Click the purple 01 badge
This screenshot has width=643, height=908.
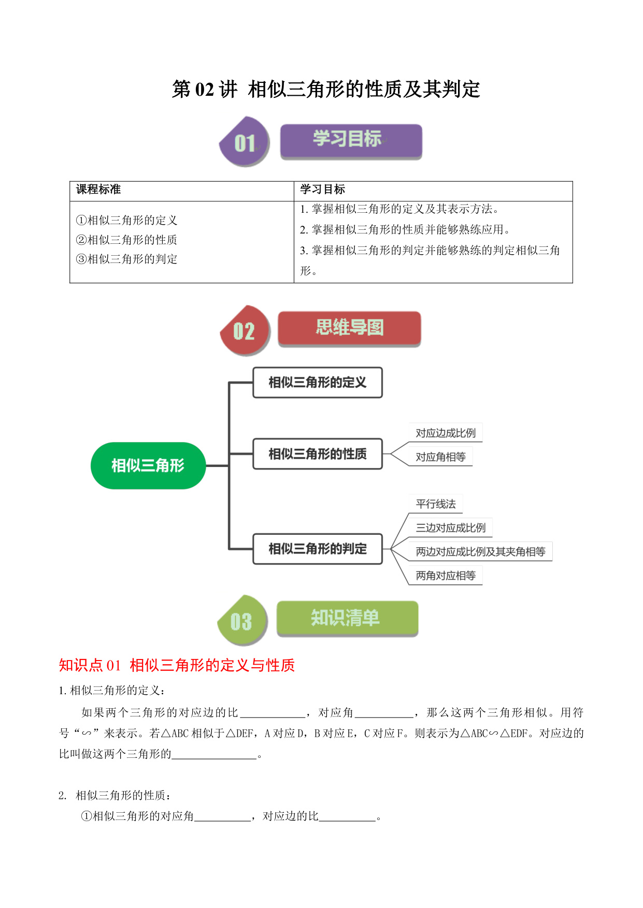tap(245, 142)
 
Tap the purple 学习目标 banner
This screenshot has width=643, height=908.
tap(351, 141)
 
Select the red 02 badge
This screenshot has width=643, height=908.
tap(245, 330)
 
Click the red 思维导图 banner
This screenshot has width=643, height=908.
tap(349, 328)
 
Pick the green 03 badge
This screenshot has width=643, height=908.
tap(242, 620)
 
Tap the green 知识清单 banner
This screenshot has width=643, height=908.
tap(347, 618)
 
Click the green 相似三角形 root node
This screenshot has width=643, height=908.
tap(148, 465)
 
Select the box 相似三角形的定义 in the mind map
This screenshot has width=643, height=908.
tap(318, 383)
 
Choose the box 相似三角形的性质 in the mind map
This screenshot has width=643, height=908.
tap(318, 454)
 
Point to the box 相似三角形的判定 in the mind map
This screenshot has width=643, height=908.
tap(318, 549)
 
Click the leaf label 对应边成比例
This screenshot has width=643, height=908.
tap(446, 433)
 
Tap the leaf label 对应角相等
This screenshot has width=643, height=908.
tap(440, 457)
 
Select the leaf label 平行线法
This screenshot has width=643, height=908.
tap(436, 504)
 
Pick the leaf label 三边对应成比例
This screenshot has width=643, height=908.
tap(451, 528)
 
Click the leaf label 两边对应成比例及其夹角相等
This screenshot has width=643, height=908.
tap(481, 551)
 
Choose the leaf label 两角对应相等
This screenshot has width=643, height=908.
tap(446, 575)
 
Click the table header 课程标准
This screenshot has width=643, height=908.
tap(98, 189)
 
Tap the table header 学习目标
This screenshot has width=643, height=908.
tap(323, 189)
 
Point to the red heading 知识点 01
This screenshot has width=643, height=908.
tap(90, 665)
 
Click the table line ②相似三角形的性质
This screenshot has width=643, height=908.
tap(126, 240)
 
